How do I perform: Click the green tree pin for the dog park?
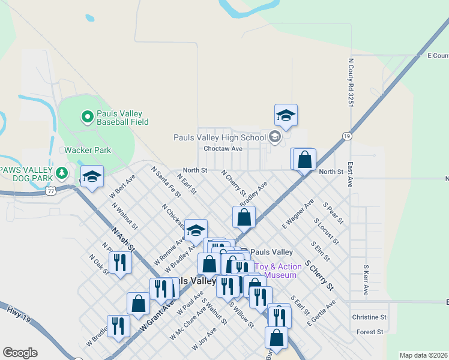(61, 173)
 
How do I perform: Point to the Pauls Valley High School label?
(219, 137)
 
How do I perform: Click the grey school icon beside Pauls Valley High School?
(275, 137)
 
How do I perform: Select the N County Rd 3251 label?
(350, 83)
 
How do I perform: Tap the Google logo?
(20, 353)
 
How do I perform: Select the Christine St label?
(369, 317)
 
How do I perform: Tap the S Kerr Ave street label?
(366, 280)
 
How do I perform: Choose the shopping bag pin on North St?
(305, 160)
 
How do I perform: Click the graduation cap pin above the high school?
(286, 115)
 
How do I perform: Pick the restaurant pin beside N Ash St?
(120, 262)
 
